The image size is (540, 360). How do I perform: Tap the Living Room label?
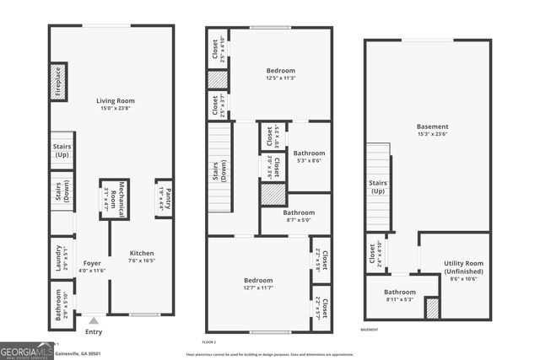pyautogui.click(x=115, y=105)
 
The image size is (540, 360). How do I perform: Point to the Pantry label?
pyautogui.click(x=164, y=198)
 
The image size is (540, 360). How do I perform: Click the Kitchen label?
pyautogui.click(x=141, y=256)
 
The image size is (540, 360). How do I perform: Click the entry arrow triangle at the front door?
pyautogui.click(x=94, y=320)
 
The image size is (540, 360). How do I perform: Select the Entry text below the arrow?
pyautogui.click(x=94, y=331)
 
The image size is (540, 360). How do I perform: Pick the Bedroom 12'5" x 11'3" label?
pyautogui.click(x=281, y=74)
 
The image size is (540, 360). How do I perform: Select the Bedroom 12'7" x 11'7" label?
pyautogui.click(x=259, y=284)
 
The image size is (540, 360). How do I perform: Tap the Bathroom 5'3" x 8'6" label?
pyautogui.click(x=310, y=157)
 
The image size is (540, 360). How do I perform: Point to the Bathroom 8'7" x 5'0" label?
pyautogui.click(x=299, y=217)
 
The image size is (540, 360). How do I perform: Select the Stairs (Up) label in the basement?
pyautogui.click(x=377, y=186)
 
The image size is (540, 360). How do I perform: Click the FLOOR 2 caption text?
pyautogui.click(x=210, y=342)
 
